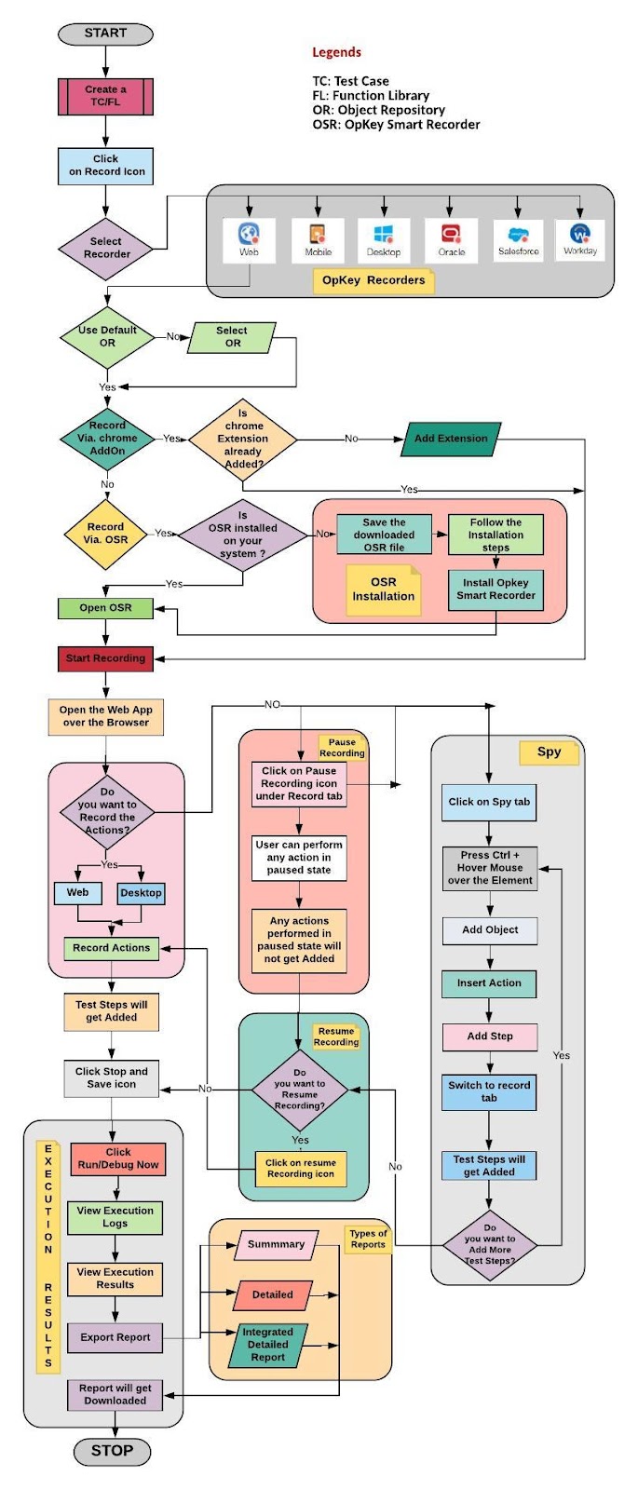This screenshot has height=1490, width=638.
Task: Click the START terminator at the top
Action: click(x=105, y=34)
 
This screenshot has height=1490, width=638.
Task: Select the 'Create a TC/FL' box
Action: click(x=105, y=97)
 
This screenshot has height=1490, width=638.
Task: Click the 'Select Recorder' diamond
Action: click(x=106, y=248)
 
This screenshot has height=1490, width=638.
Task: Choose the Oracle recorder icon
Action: click(x=451, y=240)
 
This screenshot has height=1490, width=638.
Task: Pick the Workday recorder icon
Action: click(x=579, y=239)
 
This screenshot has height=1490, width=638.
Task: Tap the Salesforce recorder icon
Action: click(x=518, y=240)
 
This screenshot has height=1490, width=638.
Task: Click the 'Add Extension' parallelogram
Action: click(x=451, y=439)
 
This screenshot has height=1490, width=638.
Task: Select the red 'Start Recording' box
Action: click(x=105, y=657)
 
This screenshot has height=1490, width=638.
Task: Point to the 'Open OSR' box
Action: click(x=105, y=607)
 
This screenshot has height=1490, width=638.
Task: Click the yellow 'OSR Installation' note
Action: click(x=383, y=589)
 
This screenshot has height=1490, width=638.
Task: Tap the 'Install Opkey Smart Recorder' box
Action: click(x=495, y=589)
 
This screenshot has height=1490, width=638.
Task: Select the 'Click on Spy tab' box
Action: click(x=489, y=802)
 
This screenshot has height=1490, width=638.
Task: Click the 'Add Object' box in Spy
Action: click(x=490, y=930)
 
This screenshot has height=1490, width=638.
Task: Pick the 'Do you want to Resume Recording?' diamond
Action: click(x=299, y=1090)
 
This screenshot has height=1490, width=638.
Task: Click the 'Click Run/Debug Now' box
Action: click(x=117, y=1158)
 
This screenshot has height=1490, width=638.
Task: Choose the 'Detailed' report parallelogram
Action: click(x=273, y=1294)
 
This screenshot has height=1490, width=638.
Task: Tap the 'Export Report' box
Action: click(x=115, y=1337)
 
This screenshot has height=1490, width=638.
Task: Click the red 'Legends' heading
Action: click(x=336, y=52)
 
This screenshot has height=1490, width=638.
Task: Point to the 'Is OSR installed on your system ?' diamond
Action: click(x=243, y=535)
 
